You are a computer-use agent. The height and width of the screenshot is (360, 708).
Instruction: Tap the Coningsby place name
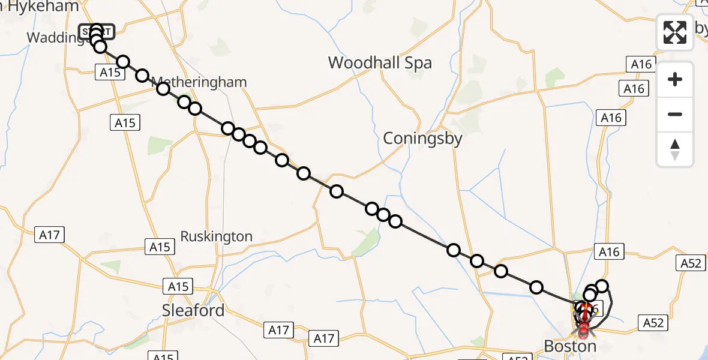[x=423, y=139]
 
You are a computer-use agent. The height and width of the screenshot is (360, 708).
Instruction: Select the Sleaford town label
[x=193, y=310]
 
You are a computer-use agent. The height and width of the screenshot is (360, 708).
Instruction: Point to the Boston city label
[x=570, y=346]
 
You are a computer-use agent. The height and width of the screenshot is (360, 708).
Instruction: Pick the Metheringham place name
[x=199, y=82]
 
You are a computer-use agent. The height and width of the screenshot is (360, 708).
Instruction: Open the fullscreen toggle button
[x=675, y=32]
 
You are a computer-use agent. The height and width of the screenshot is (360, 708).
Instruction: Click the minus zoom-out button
[x=675, y=114]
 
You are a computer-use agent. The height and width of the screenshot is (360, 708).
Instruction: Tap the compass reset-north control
[x=675, y=149]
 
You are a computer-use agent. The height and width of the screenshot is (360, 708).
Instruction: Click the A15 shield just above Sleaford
[x=178, y=286]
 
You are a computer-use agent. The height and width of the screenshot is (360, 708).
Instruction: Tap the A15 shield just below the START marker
[x=110, y=73]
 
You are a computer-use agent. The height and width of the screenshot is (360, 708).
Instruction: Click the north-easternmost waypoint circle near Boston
[x=602, y=286]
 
